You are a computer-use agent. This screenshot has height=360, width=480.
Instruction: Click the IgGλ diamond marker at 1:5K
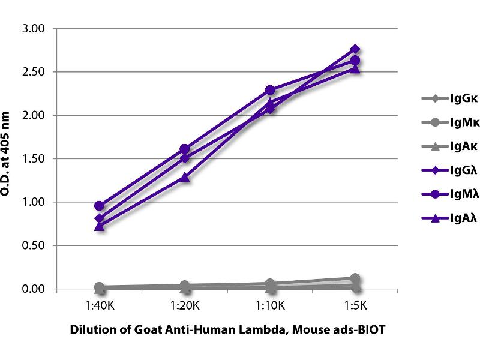355,49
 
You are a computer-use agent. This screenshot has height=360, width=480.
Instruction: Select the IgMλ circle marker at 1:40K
100,206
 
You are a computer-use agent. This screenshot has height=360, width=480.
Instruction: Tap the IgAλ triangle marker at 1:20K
185,178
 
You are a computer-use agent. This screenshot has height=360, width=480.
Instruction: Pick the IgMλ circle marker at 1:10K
270,90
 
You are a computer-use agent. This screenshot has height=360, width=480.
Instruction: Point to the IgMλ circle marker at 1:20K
185,149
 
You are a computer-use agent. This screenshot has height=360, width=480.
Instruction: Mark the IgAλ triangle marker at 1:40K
100,226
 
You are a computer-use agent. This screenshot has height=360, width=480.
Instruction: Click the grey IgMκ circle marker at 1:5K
355,278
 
